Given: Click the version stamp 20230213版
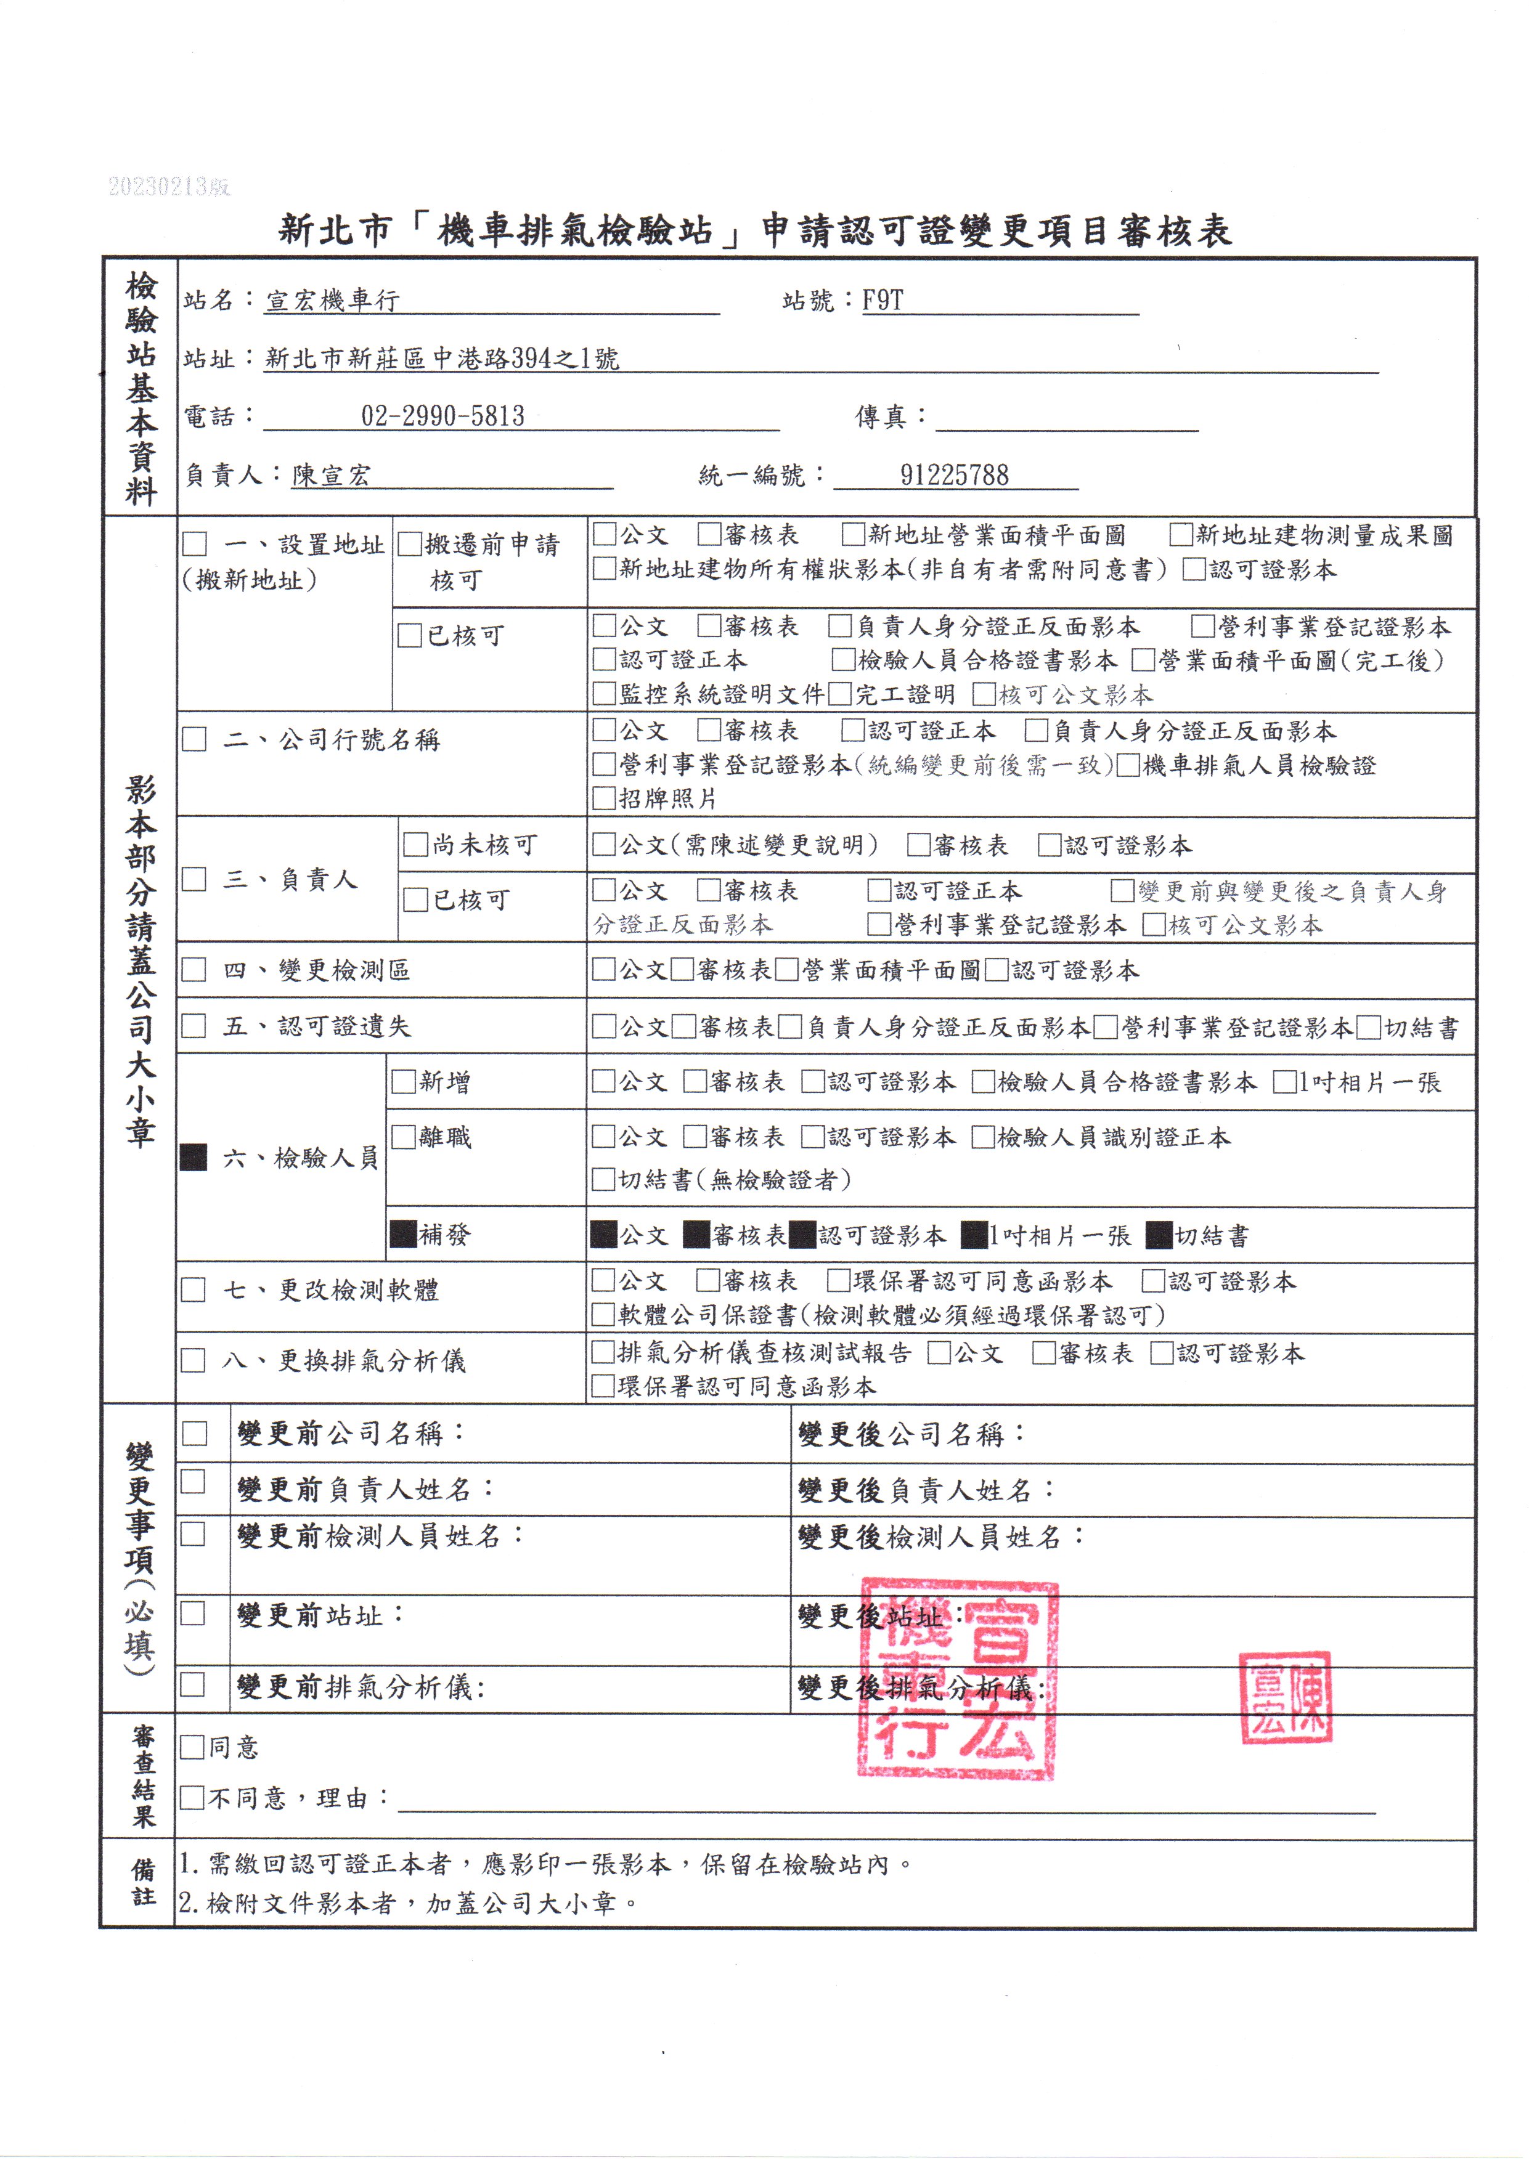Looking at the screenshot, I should click(x=169, y=186).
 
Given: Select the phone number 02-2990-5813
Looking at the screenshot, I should click(x=442, y=416).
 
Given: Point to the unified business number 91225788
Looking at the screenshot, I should click(x=954, y=474).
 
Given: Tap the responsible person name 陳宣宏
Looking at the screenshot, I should click(x=332, y=474).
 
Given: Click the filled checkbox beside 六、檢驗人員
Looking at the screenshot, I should click(x=194, y=1158).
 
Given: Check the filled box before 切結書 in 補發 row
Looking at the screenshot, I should click(x=1160, y=1235).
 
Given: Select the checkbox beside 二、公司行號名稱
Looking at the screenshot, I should click(x=194, y=739).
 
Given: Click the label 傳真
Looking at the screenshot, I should click(x=880, y=416).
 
